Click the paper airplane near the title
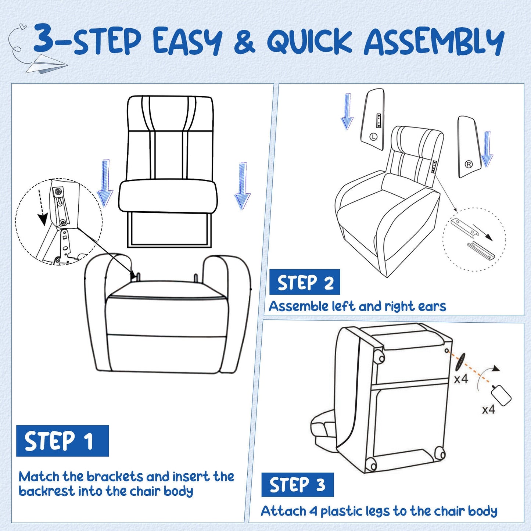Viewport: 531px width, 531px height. pyautogui.click(x=46, y=64)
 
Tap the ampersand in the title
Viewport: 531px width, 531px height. pyautogui.click(x=244, y=42)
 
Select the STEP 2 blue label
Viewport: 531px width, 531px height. pyautogui.click(x=305, y=282)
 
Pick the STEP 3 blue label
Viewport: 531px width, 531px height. pyautogui.click(x=297, y=485)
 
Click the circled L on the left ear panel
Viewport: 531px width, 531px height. pyautogui.click(x=373, y=137)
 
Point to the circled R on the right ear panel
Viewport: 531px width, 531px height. pyautogui.click(x=469, y=164)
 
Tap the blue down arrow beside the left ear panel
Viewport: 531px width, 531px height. pyautogui.click(x=347, y=112)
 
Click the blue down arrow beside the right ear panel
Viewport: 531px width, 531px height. pyautogui.click(x=487, y=149)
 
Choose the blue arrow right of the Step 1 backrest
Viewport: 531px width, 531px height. pyautogui.click(x=242, y=186)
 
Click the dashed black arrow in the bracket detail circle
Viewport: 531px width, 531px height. pyautogui.click(x=42, y=208)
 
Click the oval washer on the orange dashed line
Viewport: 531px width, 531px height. pyautogui.click(x=460, y=362)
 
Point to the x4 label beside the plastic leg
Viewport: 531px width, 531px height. pyautogui.click(x=488, y=409)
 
